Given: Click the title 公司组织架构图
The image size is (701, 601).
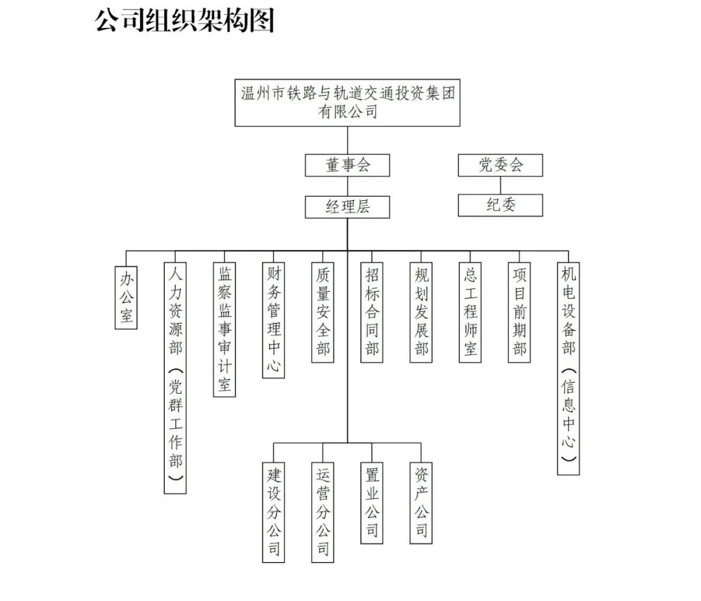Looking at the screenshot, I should tap(185, 21).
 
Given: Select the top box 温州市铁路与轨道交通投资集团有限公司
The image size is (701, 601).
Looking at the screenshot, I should tap(347, 103).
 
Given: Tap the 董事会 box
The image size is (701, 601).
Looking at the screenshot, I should tap(347, 165).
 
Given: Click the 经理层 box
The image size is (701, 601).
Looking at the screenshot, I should tap(347, 207).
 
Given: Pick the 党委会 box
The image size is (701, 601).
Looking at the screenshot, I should tap(500, 165).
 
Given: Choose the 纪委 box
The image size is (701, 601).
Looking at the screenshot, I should tap(500, 205).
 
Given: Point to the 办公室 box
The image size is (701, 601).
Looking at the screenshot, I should tap(126, 297).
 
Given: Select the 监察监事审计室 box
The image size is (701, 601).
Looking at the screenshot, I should tap(225, 329).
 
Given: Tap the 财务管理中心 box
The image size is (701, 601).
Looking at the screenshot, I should tap(273, 320).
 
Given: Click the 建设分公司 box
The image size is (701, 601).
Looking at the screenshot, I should tap(273, 511).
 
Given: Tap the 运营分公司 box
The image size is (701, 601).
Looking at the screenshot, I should tap(323, 511).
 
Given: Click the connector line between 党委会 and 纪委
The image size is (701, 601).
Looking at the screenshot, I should tap(500, 185).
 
